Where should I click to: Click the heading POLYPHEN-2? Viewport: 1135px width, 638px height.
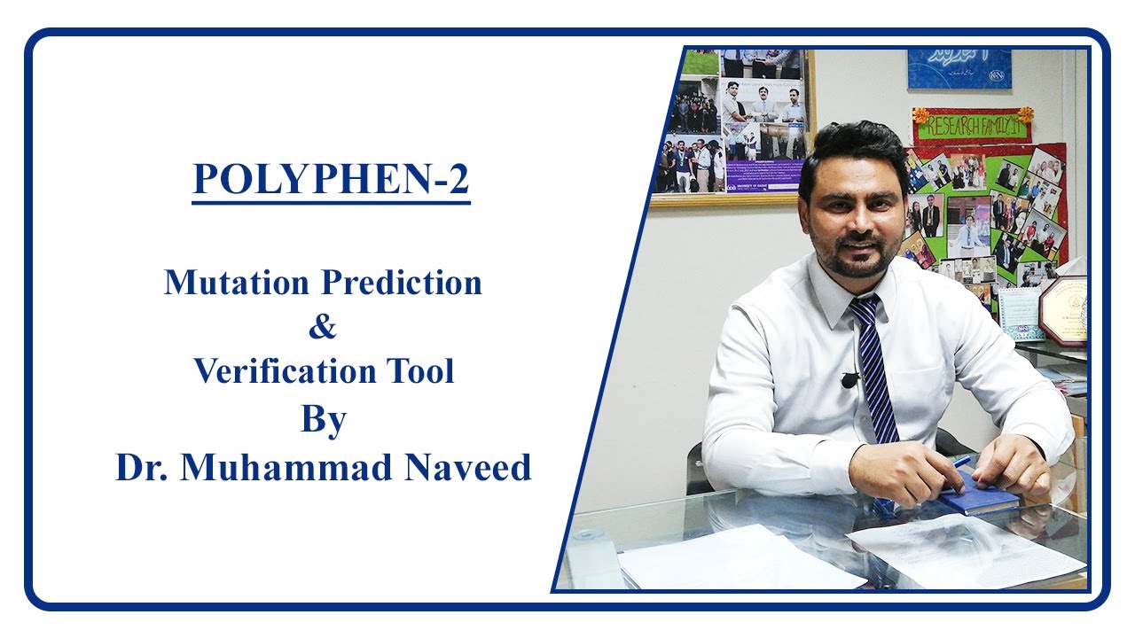[x=331, y=179]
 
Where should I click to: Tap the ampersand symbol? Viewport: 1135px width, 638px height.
[x=323, y=327]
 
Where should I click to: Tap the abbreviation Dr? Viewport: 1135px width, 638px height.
[x=141, y=467]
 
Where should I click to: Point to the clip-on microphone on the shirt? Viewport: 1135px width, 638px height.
[x=849, y=380]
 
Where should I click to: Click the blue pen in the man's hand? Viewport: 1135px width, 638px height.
[x=959, y=462]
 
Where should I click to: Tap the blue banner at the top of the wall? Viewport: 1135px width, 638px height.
[x=959, y=69]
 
